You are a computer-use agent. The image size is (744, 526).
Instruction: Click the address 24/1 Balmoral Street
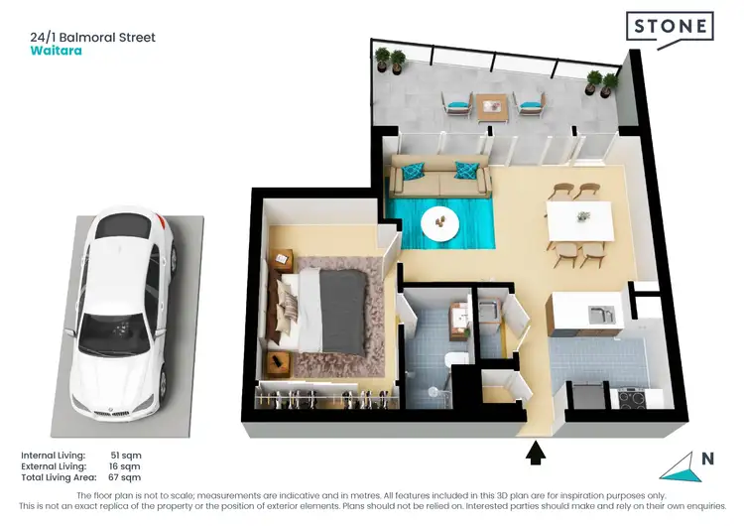[x=93, y=38]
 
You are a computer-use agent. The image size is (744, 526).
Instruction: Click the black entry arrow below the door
[x=536, y=453]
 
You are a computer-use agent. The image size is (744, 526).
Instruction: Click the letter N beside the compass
[x=706, y=459]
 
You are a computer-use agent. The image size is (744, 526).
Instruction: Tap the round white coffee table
[x=437, y=224]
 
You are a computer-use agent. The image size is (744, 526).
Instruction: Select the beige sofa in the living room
[x=440, y=176]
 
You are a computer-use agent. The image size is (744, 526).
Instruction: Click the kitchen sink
[x=599, y=316]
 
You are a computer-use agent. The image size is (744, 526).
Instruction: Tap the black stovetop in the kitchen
[x=632, y=397]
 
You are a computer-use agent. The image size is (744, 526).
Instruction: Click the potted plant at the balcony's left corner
[x=397, y=61]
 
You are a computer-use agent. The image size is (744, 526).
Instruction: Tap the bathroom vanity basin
[x=459, y=317]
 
